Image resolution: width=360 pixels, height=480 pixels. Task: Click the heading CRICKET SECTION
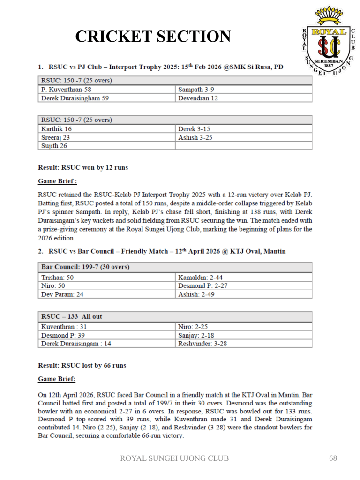[153, 37]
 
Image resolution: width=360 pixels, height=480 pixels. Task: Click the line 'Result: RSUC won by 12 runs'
[83, 167]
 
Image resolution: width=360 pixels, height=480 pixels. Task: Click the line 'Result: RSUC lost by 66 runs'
[82, 365]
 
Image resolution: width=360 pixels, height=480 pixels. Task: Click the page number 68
[333, 458]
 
